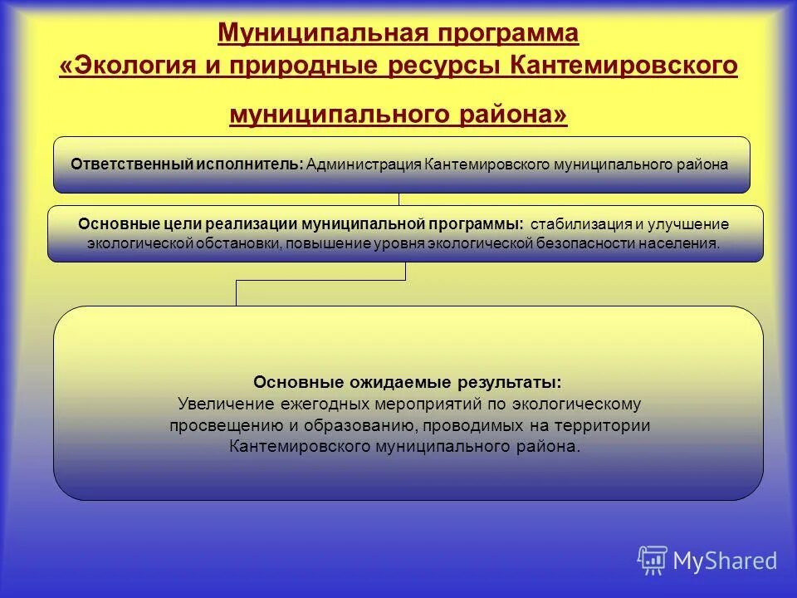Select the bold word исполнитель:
[249, 164]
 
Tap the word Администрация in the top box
[364, 164]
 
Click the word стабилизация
[581, 224]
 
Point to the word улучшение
[690, 224]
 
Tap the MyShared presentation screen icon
[652, 561]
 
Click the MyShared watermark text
[725, 561]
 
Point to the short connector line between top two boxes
[399, 199]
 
